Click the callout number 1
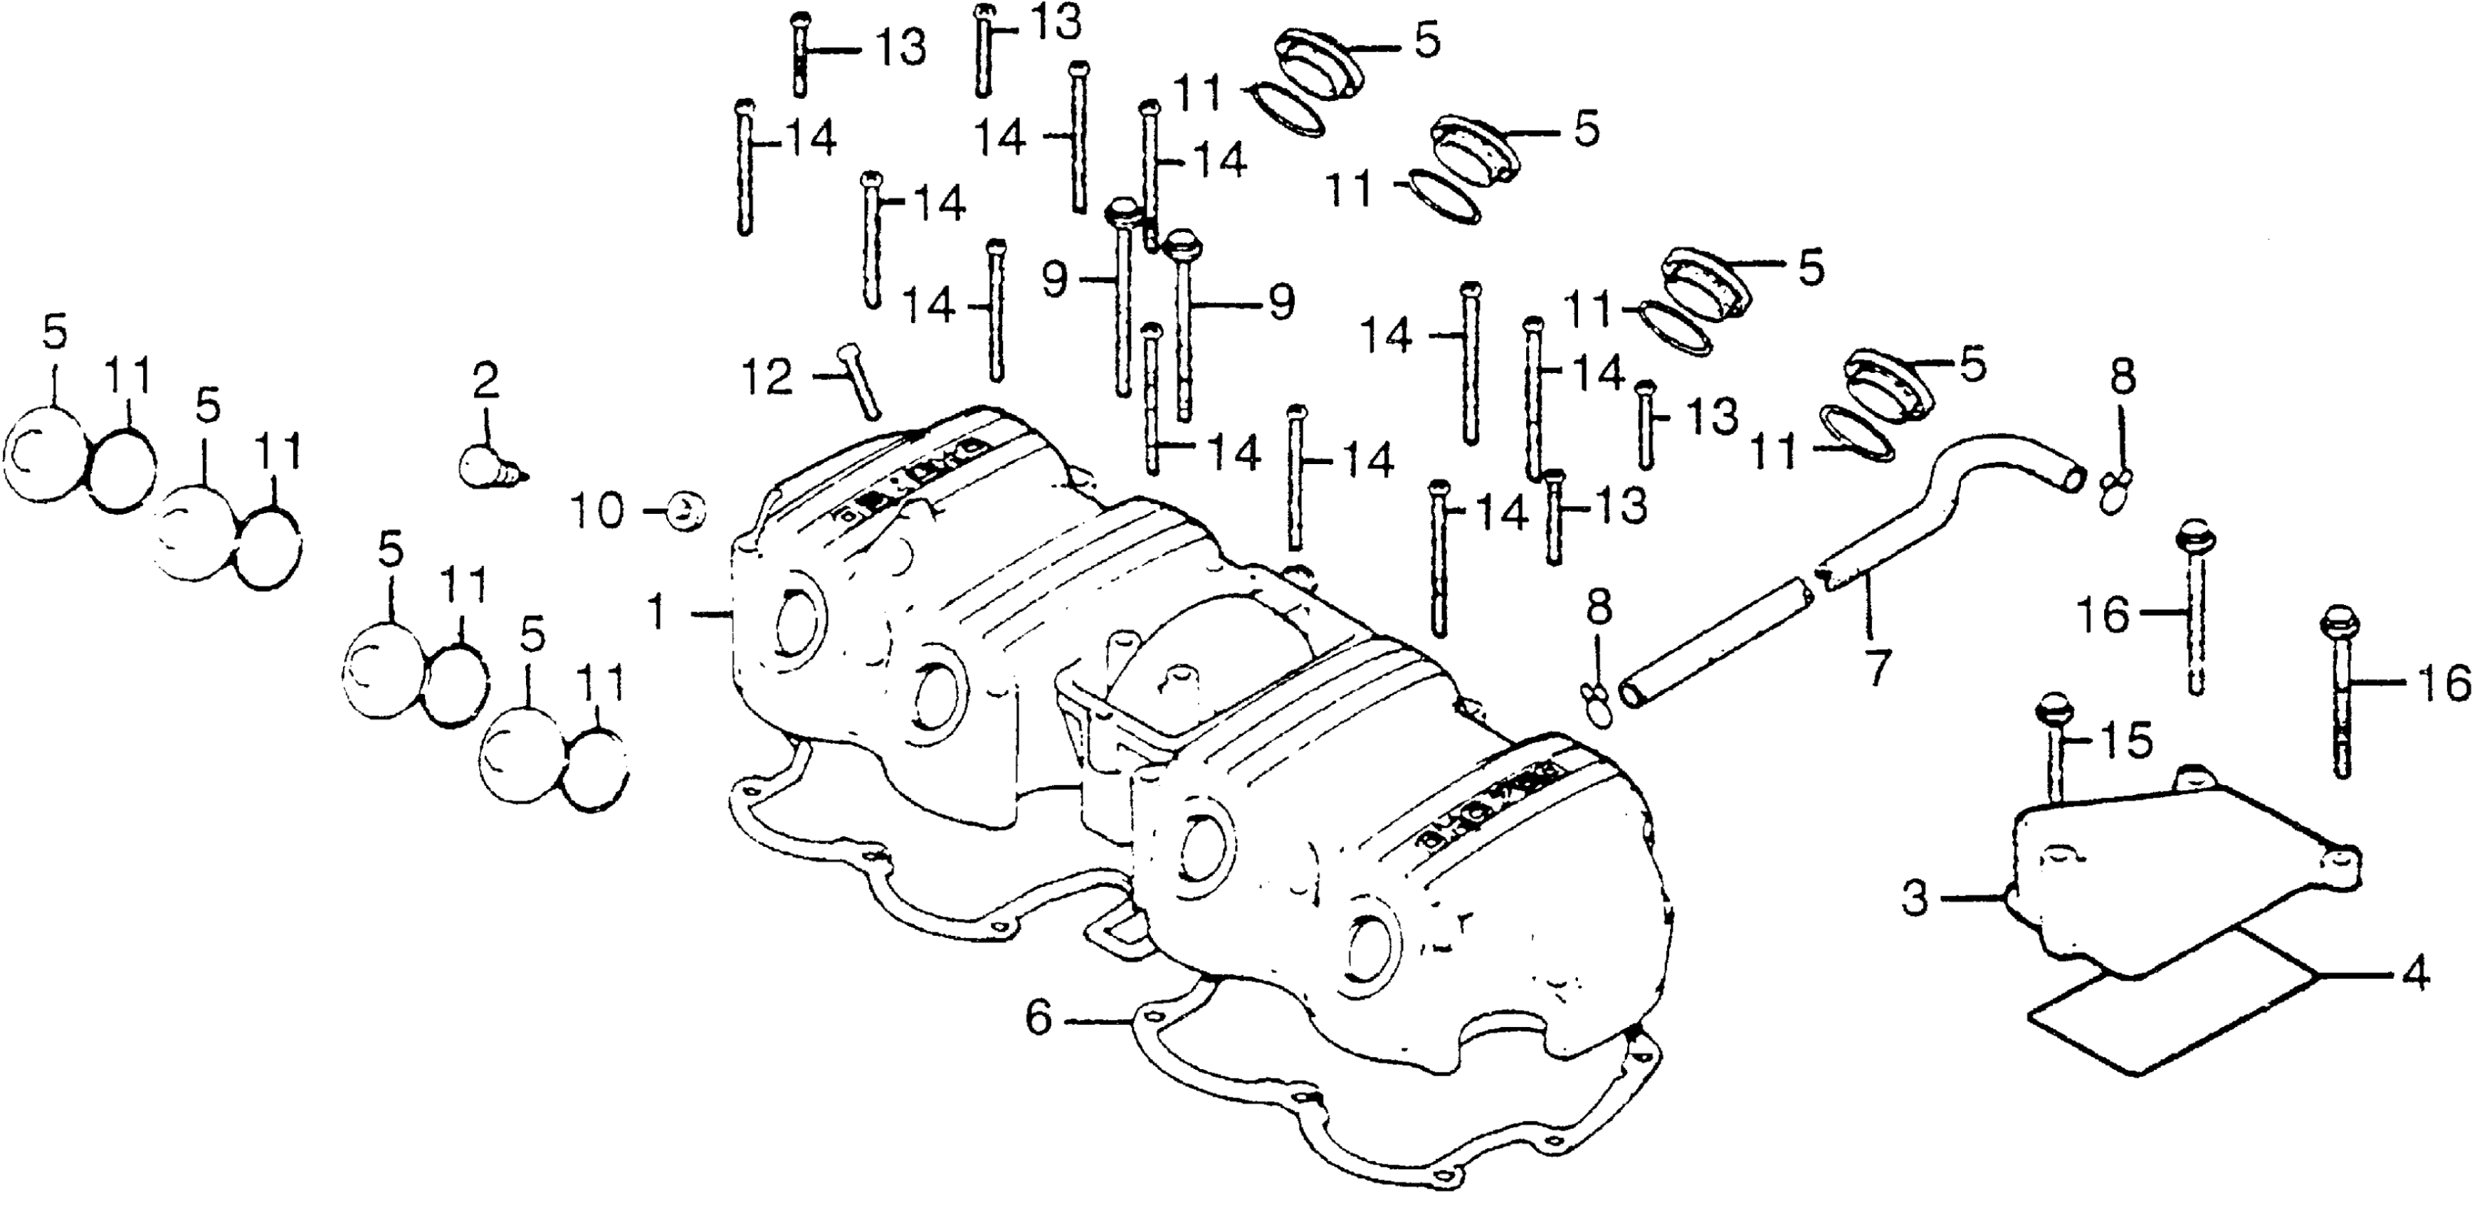point(658,612)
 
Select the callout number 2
point(485,382)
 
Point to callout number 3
point(1915,899)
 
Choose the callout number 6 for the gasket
point(1039,1018)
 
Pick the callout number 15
point(2126,742)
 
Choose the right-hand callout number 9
point(1281,303)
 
